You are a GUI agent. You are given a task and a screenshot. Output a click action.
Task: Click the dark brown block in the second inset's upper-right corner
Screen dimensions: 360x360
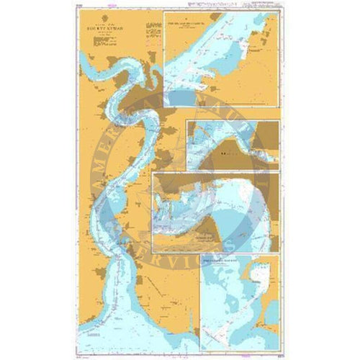[x=266, y=130]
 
